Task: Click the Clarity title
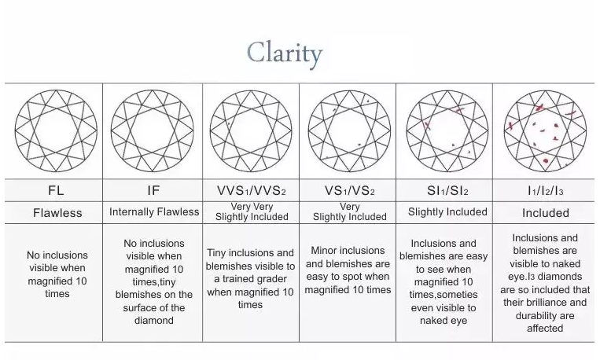285,53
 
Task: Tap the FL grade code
56,190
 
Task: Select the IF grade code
153,190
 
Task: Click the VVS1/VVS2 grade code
251,190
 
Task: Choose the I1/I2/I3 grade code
545,190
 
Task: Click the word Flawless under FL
57,213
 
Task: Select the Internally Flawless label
154,212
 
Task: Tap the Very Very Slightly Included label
252,212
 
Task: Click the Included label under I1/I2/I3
546,213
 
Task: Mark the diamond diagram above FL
56,130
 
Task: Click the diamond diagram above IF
153,130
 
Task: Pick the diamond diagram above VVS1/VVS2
251,130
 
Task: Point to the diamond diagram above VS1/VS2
349,130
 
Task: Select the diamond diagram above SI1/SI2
447,130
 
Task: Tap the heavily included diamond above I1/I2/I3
544,130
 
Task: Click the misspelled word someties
462,295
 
